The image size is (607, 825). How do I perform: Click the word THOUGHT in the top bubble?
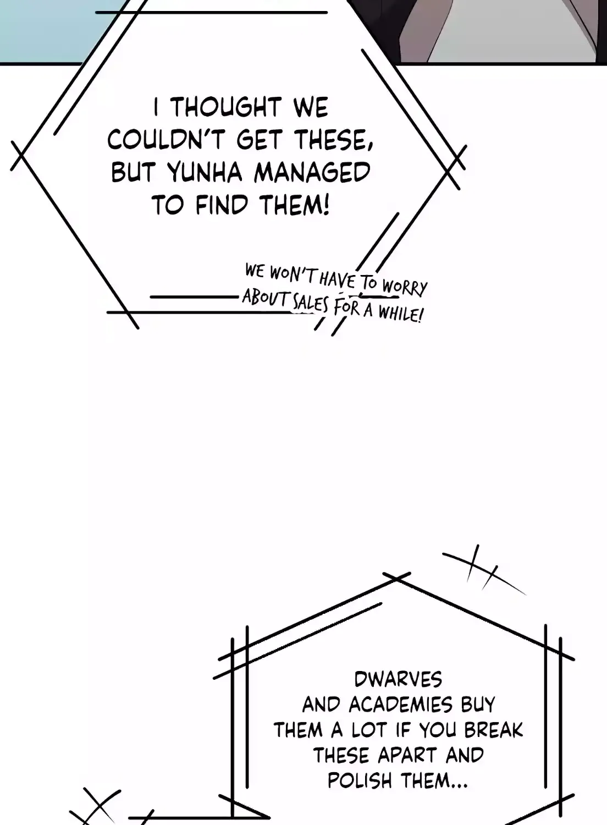227,107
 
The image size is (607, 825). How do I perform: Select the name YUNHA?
205,172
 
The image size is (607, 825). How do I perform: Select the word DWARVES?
398,679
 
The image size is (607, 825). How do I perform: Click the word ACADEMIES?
400,705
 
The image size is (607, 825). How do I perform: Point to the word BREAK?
494,730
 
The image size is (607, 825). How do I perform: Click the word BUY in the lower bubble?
478,705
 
